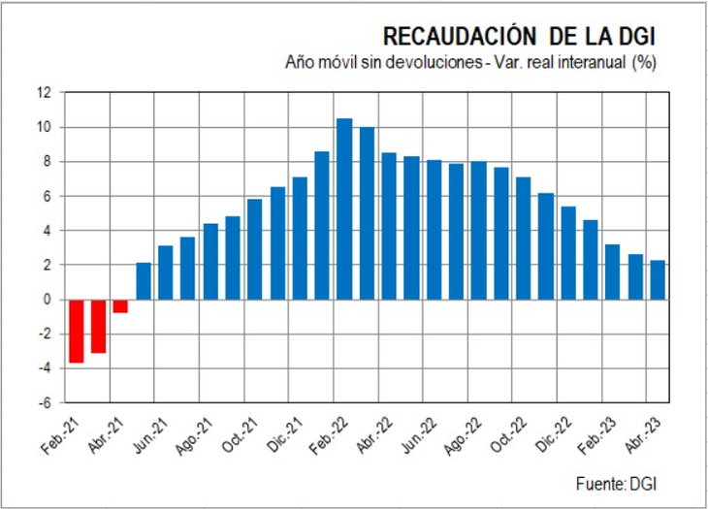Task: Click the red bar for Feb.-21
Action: tap(76, 331)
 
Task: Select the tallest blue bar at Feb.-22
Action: tap(344, 208)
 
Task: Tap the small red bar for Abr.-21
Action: tap(120, 305)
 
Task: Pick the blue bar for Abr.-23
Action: tap(657, 280)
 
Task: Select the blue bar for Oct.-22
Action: tap(500, 234)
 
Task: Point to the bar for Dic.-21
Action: tap(300, 239)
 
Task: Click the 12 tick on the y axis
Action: tap(44, 93)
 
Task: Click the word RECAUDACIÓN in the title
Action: tap(460, 37)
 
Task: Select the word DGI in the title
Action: tap(636, 37)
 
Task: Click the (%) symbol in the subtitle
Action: tap(645, 63)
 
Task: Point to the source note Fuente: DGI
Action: tap(624, 482)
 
